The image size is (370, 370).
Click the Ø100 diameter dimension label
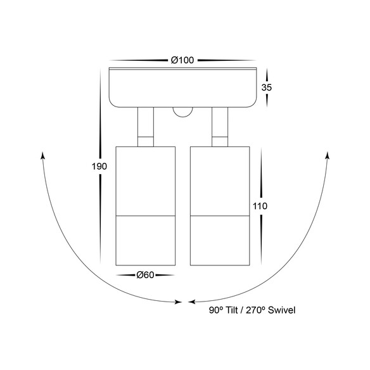click(182, 60)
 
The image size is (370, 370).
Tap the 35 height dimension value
click(267, 87)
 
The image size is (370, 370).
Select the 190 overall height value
click(99, 167)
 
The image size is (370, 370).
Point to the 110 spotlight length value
click(260, 207)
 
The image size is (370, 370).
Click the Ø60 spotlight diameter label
click(145, 275)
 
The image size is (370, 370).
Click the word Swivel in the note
click(281, 310)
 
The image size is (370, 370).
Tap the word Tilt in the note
click(232, 310)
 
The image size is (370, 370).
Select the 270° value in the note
click(256, 310)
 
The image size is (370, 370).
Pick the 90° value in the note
click(216, 310)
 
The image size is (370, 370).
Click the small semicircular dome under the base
click(182, 112)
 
